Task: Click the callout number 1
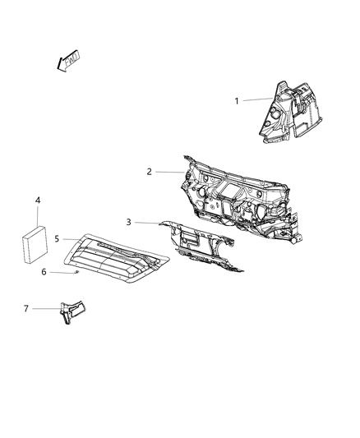[x=238, y=101]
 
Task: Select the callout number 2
[x=149, y=172]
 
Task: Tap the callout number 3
[x=128, y=222]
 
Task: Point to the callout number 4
[x=37, y=200]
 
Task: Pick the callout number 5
[x=57, y=239]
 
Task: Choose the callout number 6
[x=57, y=272]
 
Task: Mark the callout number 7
[x=25, y=309]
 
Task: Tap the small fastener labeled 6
[x=76, y=272]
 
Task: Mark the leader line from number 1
[x=256, y=100]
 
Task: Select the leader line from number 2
[x=168, y=172]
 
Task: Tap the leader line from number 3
[x=146, y=222]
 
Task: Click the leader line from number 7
[x=45, y=309]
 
